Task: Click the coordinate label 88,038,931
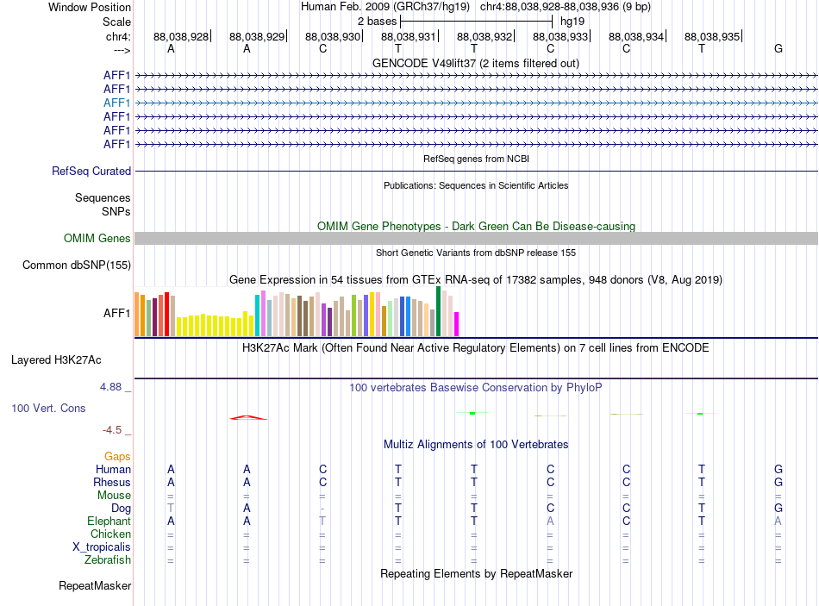(x=409, y=36)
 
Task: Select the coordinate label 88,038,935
(x=712, y=36)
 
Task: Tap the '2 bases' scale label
(x=377, y=22)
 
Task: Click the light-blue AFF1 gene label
(x=116, y=103)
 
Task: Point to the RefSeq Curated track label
(x=91, y=172)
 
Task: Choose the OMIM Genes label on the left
(x=97, y=238)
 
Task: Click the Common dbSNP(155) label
(x=77, y=266)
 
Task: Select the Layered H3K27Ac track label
(x=56, y=360)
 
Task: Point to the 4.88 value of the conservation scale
(x=110, y=387)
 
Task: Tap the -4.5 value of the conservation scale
(x=112, y=430)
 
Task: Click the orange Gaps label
(x=117, y=457)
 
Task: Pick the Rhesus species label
(x=112, y=482)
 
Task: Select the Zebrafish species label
(x=108, y=560)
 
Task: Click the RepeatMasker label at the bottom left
(x=95, y=585)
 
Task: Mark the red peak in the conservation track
(x=248, y=417)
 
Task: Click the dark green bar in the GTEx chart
(x=438, y=311)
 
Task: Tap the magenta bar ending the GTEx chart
(x=457, y=324)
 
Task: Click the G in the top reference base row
(x=778, y=48)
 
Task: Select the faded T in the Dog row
(x=171, y=508)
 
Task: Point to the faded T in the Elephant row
(x=322, y=521)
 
